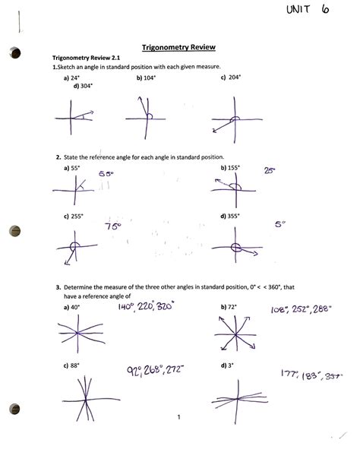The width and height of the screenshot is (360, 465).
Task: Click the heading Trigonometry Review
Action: pos(179,46)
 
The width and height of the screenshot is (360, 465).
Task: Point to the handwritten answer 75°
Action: pos(114,227)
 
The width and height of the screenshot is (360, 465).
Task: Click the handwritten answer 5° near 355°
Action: pos(280,225)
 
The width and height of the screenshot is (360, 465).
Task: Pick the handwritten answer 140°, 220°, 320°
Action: pos(146,307)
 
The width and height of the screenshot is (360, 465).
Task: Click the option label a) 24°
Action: pos(73,77)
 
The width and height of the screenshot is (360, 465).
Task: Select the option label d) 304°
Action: pos(74,86)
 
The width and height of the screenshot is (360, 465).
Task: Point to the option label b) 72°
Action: pos(226,306)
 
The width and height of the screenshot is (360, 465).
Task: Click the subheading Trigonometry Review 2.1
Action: pos(82,58)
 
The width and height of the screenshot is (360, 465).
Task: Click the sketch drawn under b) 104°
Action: pos(144,115)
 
